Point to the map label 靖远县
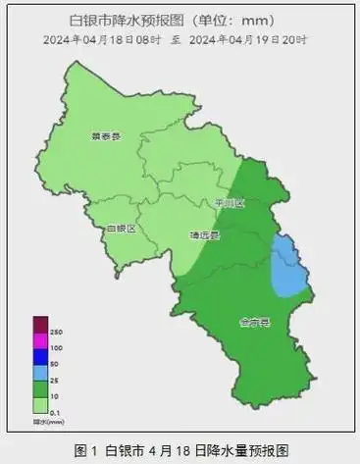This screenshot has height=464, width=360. (204, 235)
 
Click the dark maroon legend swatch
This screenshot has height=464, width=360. (41, 326)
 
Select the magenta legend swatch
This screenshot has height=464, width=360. (41, 341)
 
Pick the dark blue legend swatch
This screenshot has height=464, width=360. (41, 357)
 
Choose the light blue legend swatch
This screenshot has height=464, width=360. (41, 372)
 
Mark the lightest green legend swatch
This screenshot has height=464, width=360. (41, 403)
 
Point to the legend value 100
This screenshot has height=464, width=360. (57, 348)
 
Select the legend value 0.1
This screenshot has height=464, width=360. (56, 411)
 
